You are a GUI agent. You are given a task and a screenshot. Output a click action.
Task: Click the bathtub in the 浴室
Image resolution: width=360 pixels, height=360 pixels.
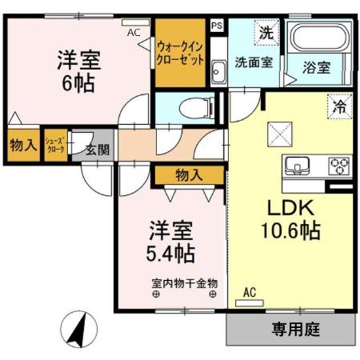[318, 39]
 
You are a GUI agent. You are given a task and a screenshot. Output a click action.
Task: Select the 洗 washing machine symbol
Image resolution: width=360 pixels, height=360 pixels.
[266, 34]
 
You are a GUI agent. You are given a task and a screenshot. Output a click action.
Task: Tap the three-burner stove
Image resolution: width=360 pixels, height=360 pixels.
[337, 166]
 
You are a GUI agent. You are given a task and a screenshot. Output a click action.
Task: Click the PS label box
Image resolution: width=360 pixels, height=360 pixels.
[217, 26]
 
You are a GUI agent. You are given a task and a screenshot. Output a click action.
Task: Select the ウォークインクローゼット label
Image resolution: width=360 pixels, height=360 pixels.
[180, 54]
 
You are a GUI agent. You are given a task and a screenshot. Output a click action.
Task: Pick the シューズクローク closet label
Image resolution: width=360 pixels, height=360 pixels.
[55, 146]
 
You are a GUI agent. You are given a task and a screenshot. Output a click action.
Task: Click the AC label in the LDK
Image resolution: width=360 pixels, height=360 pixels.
[249, 292]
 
